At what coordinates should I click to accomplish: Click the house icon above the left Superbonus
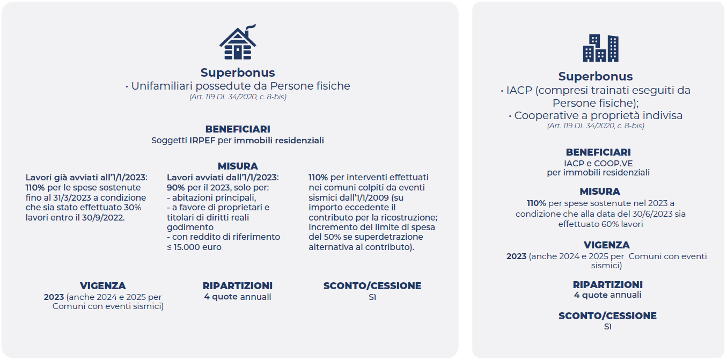pos(237,45)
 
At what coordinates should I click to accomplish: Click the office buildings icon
pos(600,48)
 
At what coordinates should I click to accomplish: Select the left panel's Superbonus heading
pos(237,73)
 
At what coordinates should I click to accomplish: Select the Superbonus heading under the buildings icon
pos(595,77)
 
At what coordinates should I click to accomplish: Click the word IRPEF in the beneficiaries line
pos(199,141)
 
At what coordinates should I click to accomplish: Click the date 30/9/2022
pos(107,217)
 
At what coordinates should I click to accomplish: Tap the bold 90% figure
pos(176,187)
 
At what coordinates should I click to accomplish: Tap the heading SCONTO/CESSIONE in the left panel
pos(372,286)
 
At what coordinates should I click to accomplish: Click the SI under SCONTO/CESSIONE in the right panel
pos(607,327)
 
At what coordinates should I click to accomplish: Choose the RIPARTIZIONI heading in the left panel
pos(237,286)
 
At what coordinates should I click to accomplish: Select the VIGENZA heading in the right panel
pos(606,245)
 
